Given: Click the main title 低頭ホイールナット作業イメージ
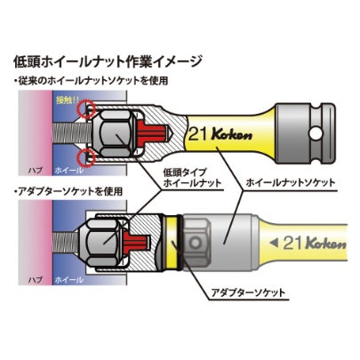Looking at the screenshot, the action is [x=108, y=62].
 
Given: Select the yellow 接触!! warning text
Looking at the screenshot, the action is [x=66, y=100].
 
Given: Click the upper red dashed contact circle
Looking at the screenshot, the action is [x=86, y=109].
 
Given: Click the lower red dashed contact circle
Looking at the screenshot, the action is [x=86, y=157].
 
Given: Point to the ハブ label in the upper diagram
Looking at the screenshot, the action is [x=36, y=171].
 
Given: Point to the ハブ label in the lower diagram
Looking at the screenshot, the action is [x=36, y=280].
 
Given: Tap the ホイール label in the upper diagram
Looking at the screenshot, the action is [x=68, y=171].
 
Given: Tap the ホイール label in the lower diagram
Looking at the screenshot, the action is [x=68, y=280].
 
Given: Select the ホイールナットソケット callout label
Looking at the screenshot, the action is [x=291, y=182].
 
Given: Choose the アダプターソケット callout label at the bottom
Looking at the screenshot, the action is [x=248, y=293].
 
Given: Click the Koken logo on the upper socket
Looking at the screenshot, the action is [x=232, y=134].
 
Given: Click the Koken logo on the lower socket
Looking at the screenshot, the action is [x=325, y=243].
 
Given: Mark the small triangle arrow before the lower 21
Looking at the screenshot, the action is [x=274, y=243].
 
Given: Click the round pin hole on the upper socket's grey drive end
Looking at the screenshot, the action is [x=316, y=132].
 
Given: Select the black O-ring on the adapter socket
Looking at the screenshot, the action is [x=179, y=243].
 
